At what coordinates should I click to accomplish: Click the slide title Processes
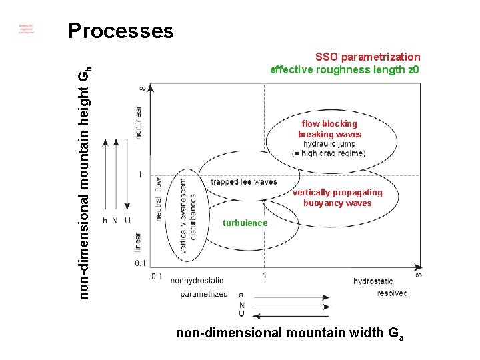click(121, 31)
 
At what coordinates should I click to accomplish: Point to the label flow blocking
click(329, 123)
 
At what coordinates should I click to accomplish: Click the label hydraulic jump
click(329, 143)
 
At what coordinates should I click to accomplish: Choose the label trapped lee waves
click(243, 181)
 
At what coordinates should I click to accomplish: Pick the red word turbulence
click(245, 223)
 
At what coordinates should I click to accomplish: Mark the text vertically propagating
click(337, 193)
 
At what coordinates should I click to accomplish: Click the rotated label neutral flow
click(158, 199)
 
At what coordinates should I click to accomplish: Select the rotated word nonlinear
click(138, 122)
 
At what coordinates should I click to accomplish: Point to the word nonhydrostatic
click(197, 281)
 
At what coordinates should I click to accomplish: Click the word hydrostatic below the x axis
click(373, 281)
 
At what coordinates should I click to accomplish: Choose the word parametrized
click(203, 293)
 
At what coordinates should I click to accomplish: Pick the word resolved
click(392, 293)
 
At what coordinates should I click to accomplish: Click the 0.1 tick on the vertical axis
click(140, 263)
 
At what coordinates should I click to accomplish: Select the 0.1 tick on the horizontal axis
click(157, 276)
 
